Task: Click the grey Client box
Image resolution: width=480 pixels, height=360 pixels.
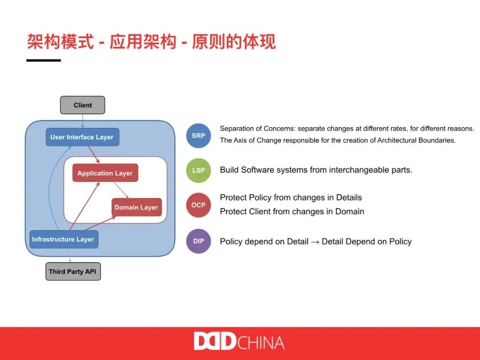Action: point(83,105)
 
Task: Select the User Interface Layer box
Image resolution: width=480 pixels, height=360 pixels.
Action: point(82,137)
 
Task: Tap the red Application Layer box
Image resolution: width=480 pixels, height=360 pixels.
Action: point(105,173)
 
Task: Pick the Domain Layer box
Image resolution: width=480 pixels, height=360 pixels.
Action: point(136,207)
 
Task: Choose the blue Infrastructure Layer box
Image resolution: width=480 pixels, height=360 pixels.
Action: point(63,239)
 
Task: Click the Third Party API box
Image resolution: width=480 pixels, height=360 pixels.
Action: point(73,271)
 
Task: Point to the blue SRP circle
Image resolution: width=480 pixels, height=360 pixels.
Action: point(198,136)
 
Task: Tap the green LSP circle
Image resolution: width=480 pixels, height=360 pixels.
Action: point(198,170)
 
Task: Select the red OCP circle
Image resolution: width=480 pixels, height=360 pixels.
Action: point(198,205)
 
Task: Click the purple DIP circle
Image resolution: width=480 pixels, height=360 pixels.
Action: point(198,241)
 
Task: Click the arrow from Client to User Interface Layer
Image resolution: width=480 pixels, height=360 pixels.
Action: point(83,121)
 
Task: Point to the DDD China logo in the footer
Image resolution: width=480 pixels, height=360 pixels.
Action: point(239,342)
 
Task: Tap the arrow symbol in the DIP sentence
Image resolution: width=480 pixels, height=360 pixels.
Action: point(315,241)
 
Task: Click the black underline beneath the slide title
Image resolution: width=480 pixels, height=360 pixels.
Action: point(44,60)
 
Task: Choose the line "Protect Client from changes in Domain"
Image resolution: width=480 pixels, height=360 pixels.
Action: point(292,212)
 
